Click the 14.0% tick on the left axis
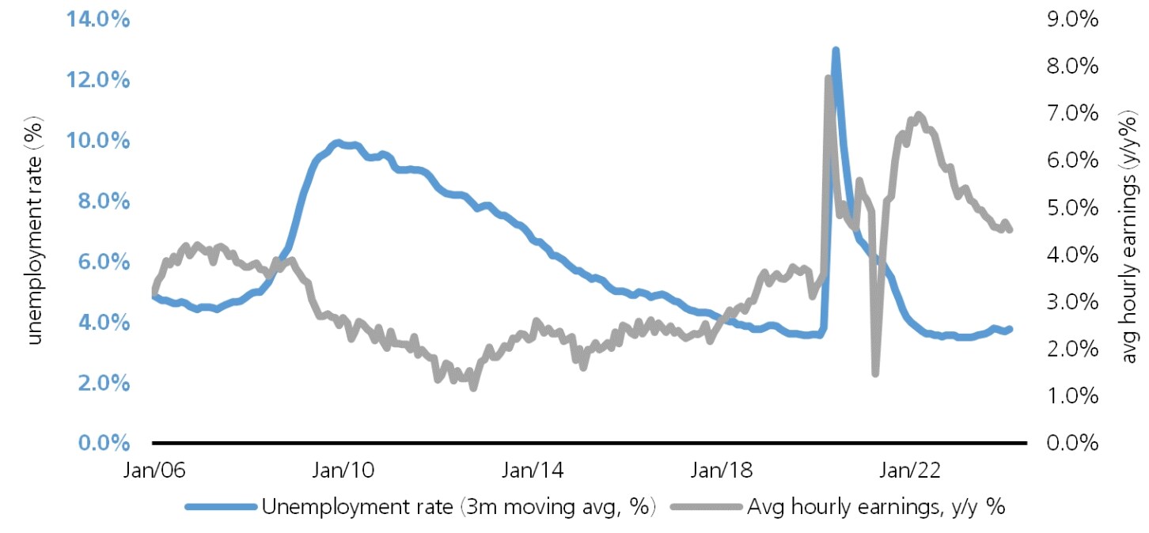click(x=91, y=20)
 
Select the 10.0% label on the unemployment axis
click(x=91, y=141)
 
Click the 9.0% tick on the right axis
click(x=1071, y=20)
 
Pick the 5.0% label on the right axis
click(x=1071, y=208)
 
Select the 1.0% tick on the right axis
click(x=1071, y=396)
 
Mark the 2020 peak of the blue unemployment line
click(x=835, y=51)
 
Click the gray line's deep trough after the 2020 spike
click(x=875, y=372)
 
